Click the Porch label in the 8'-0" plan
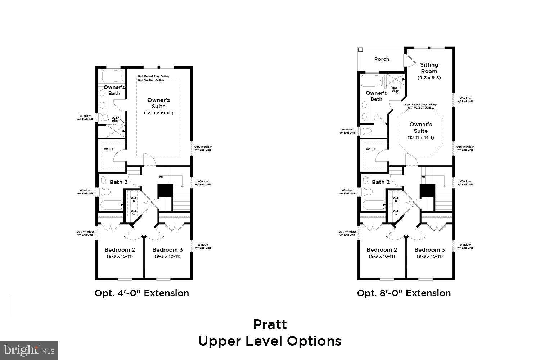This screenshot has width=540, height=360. coord(382,59)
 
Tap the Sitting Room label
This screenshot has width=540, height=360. coord(429,68)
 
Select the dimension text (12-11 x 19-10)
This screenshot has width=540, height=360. coord(158,113)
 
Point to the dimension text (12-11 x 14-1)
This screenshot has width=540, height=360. coord(420,138)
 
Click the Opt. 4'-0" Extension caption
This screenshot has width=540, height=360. coord(141,293)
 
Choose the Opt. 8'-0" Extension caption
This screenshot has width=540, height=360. coord(404,293)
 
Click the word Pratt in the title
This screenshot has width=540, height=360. coord(270,324)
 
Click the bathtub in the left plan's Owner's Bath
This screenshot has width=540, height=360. coord(113,76)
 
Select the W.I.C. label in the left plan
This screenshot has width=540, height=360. coord(109,149)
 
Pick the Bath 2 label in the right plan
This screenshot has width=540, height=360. coord(381,182)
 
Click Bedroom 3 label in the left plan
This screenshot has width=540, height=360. coord(167,250)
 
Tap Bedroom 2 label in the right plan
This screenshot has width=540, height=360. coord(382,250)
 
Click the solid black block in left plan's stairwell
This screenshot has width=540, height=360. coord(166,190)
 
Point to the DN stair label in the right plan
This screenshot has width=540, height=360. coord(423,177)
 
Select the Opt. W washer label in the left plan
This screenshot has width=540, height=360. coord(134,213)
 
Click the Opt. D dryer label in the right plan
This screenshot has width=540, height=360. coord(396,200)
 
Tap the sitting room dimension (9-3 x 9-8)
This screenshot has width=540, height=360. coord(429,78)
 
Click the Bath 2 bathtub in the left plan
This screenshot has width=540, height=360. coord(111,205)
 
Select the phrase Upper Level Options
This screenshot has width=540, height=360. coord(270,341)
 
